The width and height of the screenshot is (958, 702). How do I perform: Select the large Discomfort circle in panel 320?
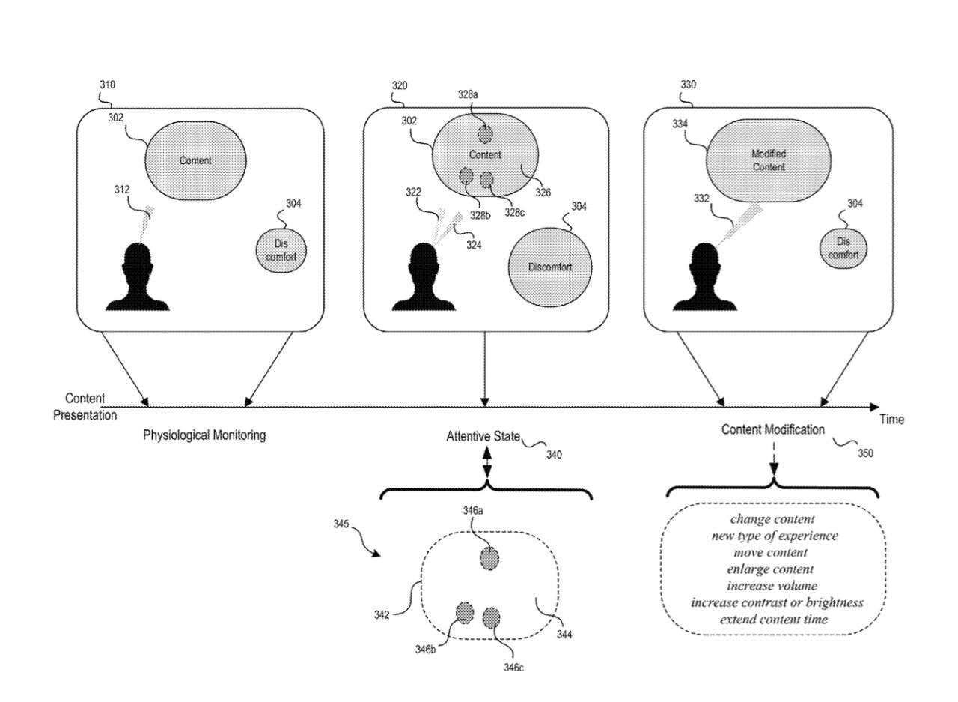[x=550, y=267]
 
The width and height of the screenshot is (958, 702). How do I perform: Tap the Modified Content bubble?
[x=769, y=160]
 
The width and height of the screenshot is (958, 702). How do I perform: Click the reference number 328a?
[x=469, y=95]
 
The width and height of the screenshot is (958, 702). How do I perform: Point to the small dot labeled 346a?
[x=489, y=559]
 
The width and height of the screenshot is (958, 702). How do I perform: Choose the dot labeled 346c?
[x=492, y=618]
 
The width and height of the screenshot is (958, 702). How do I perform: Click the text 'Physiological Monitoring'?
[x=204, y=435]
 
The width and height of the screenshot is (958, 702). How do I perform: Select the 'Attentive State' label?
[x=483, y=436]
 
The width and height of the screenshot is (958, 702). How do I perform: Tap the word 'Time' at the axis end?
[x=891, y=420]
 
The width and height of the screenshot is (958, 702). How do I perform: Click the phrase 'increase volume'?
[x=772, y=586]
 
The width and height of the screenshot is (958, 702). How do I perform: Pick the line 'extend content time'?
[x=774, y=620]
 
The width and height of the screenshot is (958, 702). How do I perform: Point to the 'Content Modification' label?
[x=773, y=430]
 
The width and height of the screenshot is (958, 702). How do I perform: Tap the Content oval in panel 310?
[x=195, y=160]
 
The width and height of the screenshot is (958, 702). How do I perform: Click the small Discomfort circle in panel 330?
[x=843, y=248]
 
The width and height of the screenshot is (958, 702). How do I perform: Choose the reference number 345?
[x=341, y=524]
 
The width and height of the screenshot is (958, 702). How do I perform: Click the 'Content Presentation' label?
[x=85, y=406]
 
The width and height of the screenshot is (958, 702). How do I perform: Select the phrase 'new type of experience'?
[x=775, y=536]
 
